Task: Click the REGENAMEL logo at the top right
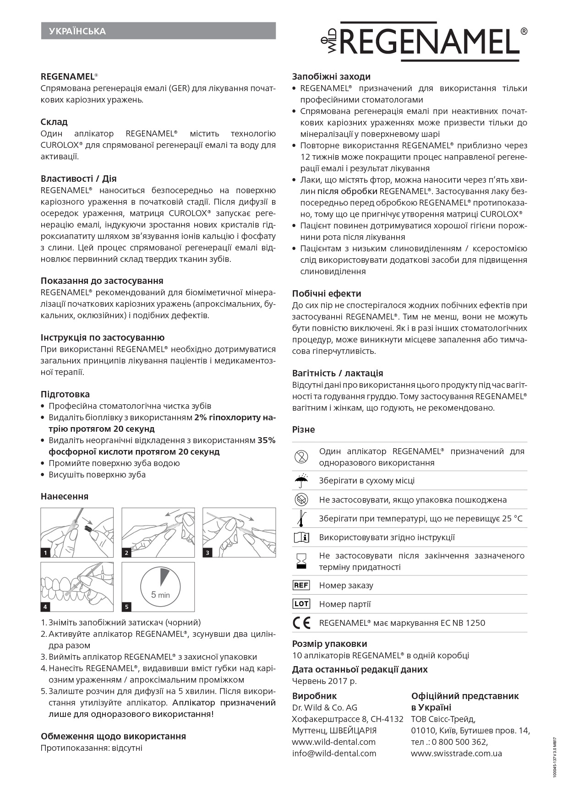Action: tap(424, 42)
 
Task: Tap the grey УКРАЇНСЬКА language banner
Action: tap(158, 31)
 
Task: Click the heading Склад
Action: tap(54, 122)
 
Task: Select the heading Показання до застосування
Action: tap(102, 281)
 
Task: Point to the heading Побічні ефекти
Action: tap(327, 293)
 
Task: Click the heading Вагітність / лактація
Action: tap(338, 373)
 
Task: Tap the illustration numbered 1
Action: tap(77, 532)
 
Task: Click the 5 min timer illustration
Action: tap(158, 586)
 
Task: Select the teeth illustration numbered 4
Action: tap(77, 586)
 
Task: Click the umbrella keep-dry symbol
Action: tap(301, 481)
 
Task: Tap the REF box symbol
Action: tap(301, 585)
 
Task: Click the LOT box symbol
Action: tap(301, 604)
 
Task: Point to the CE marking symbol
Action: tap(301, 623)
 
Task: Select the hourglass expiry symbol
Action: tap(301, 561)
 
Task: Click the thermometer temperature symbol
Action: tap(301, 518)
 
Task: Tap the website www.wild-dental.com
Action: tap(333, 742)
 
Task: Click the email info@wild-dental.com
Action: tap(334, 753)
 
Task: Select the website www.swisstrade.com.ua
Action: tap(456, 753)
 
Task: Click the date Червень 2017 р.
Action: tap(324, 681)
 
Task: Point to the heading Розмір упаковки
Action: tap(329, 644)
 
